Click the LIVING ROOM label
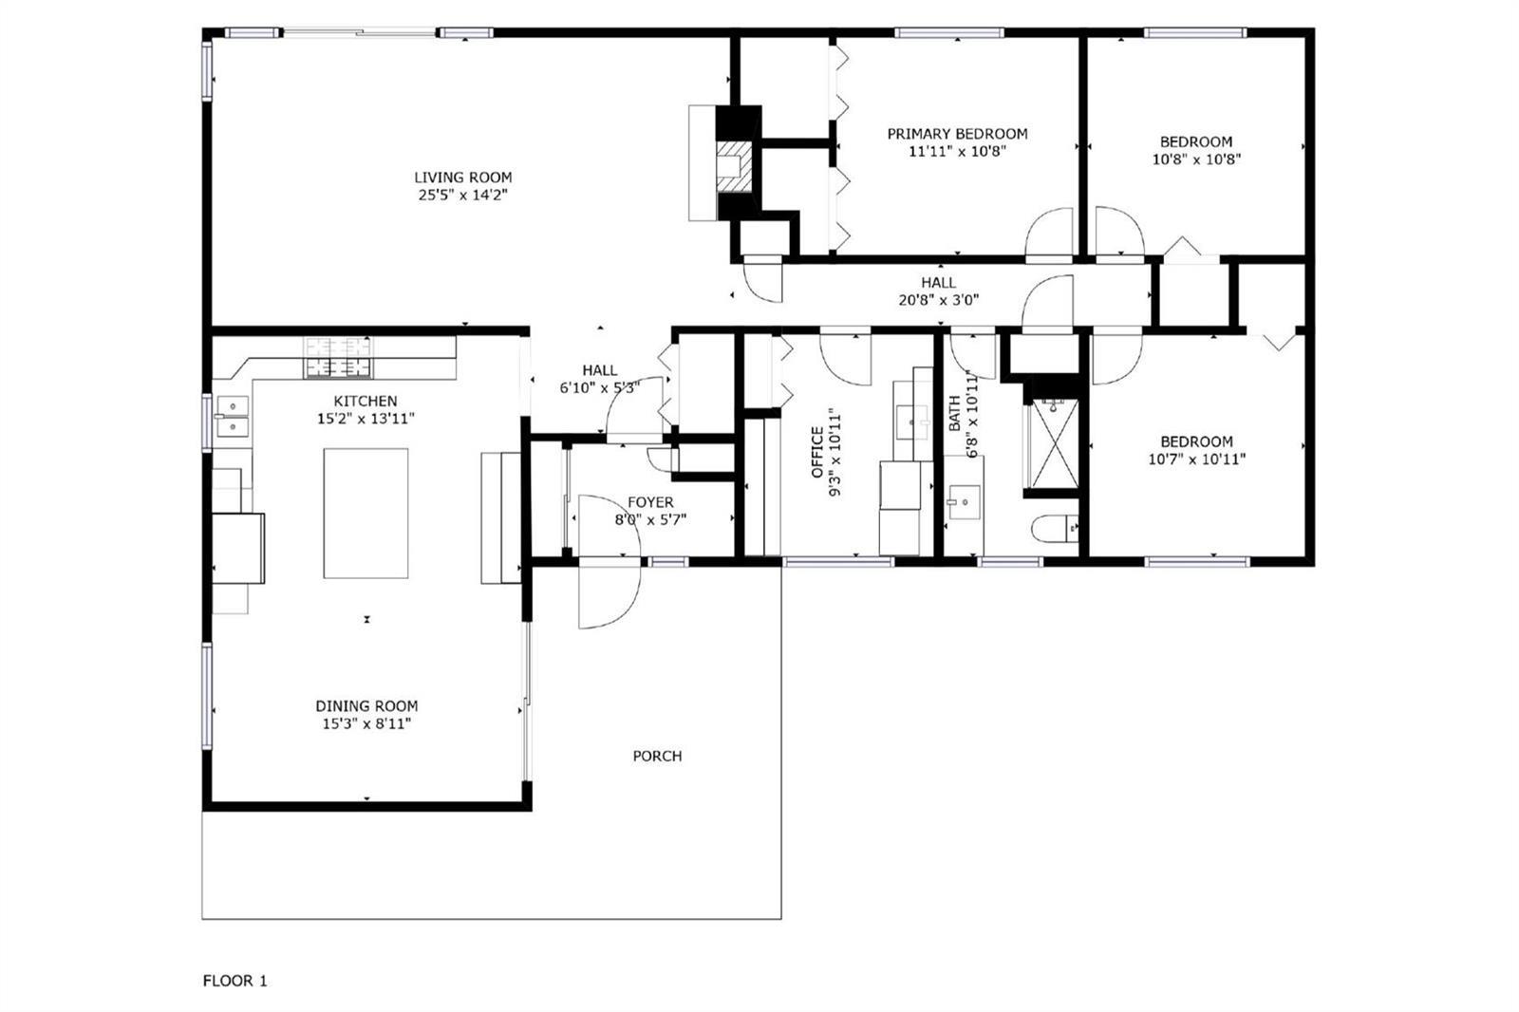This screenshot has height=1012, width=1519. [x=463, y=178]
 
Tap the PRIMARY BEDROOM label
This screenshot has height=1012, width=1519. [x=958, y=134]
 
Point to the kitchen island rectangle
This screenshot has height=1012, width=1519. [x=366, y=513]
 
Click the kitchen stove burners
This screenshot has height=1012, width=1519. [x=338, y=358]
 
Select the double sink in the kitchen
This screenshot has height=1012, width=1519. [x=232, y=416]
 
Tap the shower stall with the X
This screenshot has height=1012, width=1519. [x=1053, y=443]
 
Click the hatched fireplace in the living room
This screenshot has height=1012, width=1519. [x=735, y=166]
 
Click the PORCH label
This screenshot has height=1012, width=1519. [x=657, y=756]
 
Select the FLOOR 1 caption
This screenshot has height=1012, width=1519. [x=234, y=981]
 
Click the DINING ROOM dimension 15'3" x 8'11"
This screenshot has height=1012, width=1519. [x=366, y=723]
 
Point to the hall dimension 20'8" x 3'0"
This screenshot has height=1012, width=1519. [x=939, y=300]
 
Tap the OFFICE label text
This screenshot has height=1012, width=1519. [x=817, y=452]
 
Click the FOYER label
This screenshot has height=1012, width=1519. [x=650, y=502]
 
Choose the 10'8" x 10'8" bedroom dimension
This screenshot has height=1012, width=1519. [x=1196, y=159]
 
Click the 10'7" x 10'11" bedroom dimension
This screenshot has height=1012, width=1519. [x=1196, y=459]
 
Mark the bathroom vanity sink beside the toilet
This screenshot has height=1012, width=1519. [x=964, y=502]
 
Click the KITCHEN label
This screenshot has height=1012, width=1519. [x=366, y=401]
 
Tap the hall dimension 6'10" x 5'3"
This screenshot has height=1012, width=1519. [x=599, y=388]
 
